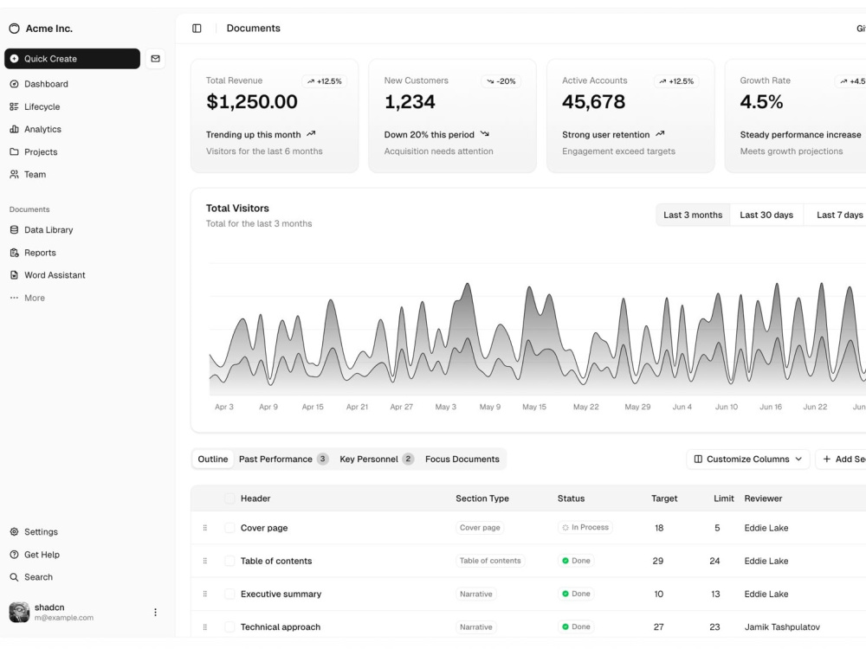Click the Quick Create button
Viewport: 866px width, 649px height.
pos(73,59)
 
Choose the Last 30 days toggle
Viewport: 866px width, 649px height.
pos(766,215)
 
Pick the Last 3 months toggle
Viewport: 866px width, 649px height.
pos(693,215)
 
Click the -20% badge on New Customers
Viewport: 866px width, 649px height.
pos(501,81)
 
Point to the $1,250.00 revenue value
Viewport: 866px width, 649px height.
pos(252,101)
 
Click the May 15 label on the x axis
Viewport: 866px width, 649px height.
pos(534,407)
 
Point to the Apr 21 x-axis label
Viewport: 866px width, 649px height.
pos(357,407)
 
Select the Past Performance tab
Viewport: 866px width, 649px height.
pos(283,459)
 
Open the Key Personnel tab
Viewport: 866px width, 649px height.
pos(377,459)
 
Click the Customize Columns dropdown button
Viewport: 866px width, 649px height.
pos(748,459)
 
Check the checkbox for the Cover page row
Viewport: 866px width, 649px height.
pos(229,528)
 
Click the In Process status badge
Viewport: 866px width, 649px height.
pos(585,528)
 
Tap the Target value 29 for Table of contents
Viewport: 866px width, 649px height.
pos(658,561)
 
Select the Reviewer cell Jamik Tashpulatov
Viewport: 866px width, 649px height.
pos(782,627)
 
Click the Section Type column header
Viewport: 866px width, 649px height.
pos(482,498)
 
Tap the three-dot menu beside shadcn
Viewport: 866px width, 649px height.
pos(155,612)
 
